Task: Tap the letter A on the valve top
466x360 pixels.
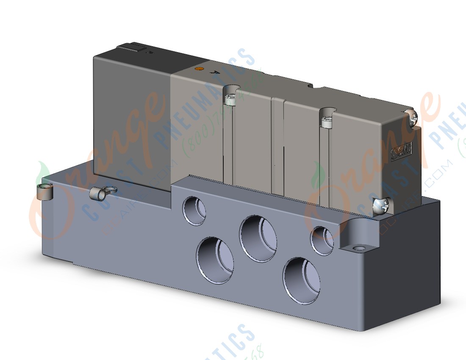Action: tap(219, 73)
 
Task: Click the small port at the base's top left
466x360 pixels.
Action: tap(194, 209)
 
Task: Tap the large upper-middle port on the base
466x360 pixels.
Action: tap(258, 238)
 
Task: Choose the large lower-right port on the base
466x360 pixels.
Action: tap(302, 280)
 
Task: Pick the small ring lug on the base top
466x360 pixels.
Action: tap(97, 194)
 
